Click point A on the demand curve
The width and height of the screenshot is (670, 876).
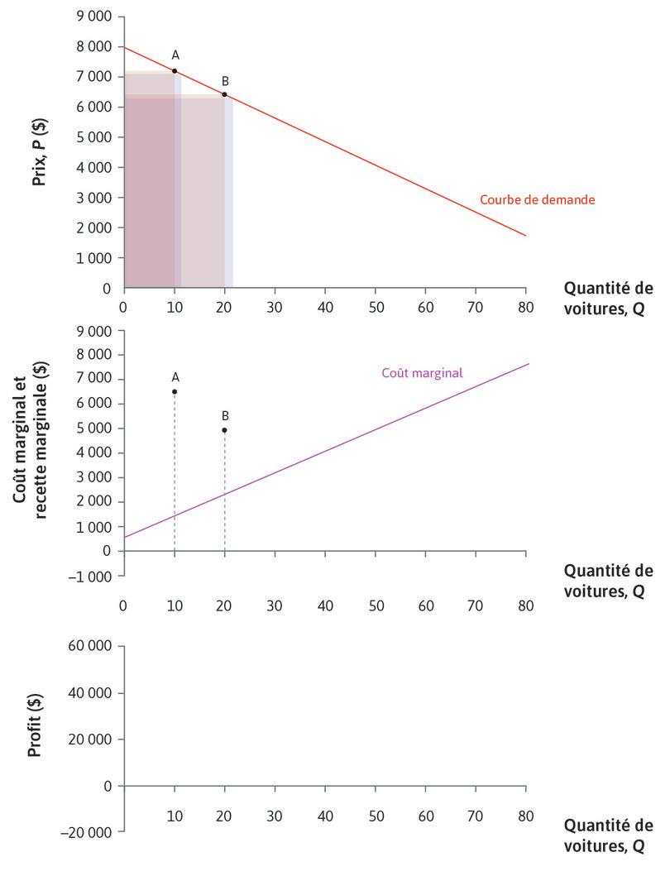click(175, 71)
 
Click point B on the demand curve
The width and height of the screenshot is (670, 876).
click(224, 94)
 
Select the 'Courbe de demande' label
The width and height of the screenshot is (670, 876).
click(538, 199)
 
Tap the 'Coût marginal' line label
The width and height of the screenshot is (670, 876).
click(422, 373)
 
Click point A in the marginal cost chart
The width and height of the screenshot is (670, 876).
click(175, 391)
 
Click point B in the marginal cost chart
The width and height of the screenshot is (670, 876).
click(224, 430)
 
